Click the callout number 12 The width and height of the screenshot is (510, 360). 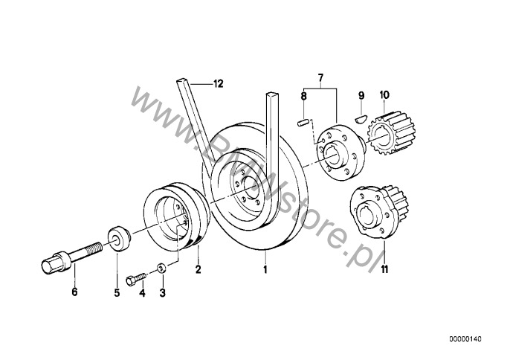(219, 84)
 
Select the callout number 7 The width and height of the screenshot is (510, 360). (320, 78)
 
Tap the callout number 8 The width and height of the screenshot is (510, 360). (303, 96)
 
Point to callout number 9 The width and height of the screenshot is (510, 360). (361, 95)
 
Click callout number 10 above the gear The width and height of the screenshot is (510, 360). (384, 95)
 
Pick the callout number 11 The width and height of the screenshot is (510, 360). (384, 269)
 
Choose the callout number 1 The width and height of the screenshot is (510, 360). (265, 269)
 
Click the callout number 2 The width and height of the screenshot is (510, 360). (198, 269)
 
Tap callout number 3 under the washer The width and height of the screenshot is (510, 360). (162, 293)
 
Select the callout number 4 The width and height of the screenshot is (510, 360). (142, 293)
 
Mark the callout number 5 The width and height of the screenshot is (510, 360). (117, 292)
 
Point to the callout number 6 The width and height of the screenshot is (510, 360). (74, 292)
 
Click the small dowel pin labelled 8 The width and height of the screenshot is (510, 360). (303, 123)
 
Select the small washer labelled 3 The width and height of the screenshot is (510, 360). (161, 269)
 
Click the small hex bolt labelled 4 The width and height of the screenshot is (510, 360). (136, 279)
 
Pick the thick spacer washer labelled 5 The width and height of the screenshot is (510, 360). (119, 238)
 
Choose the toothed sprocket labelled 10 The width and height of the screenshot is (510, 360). (390, 132)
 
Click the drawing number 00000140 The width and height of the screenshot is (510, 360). (465, 339)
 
